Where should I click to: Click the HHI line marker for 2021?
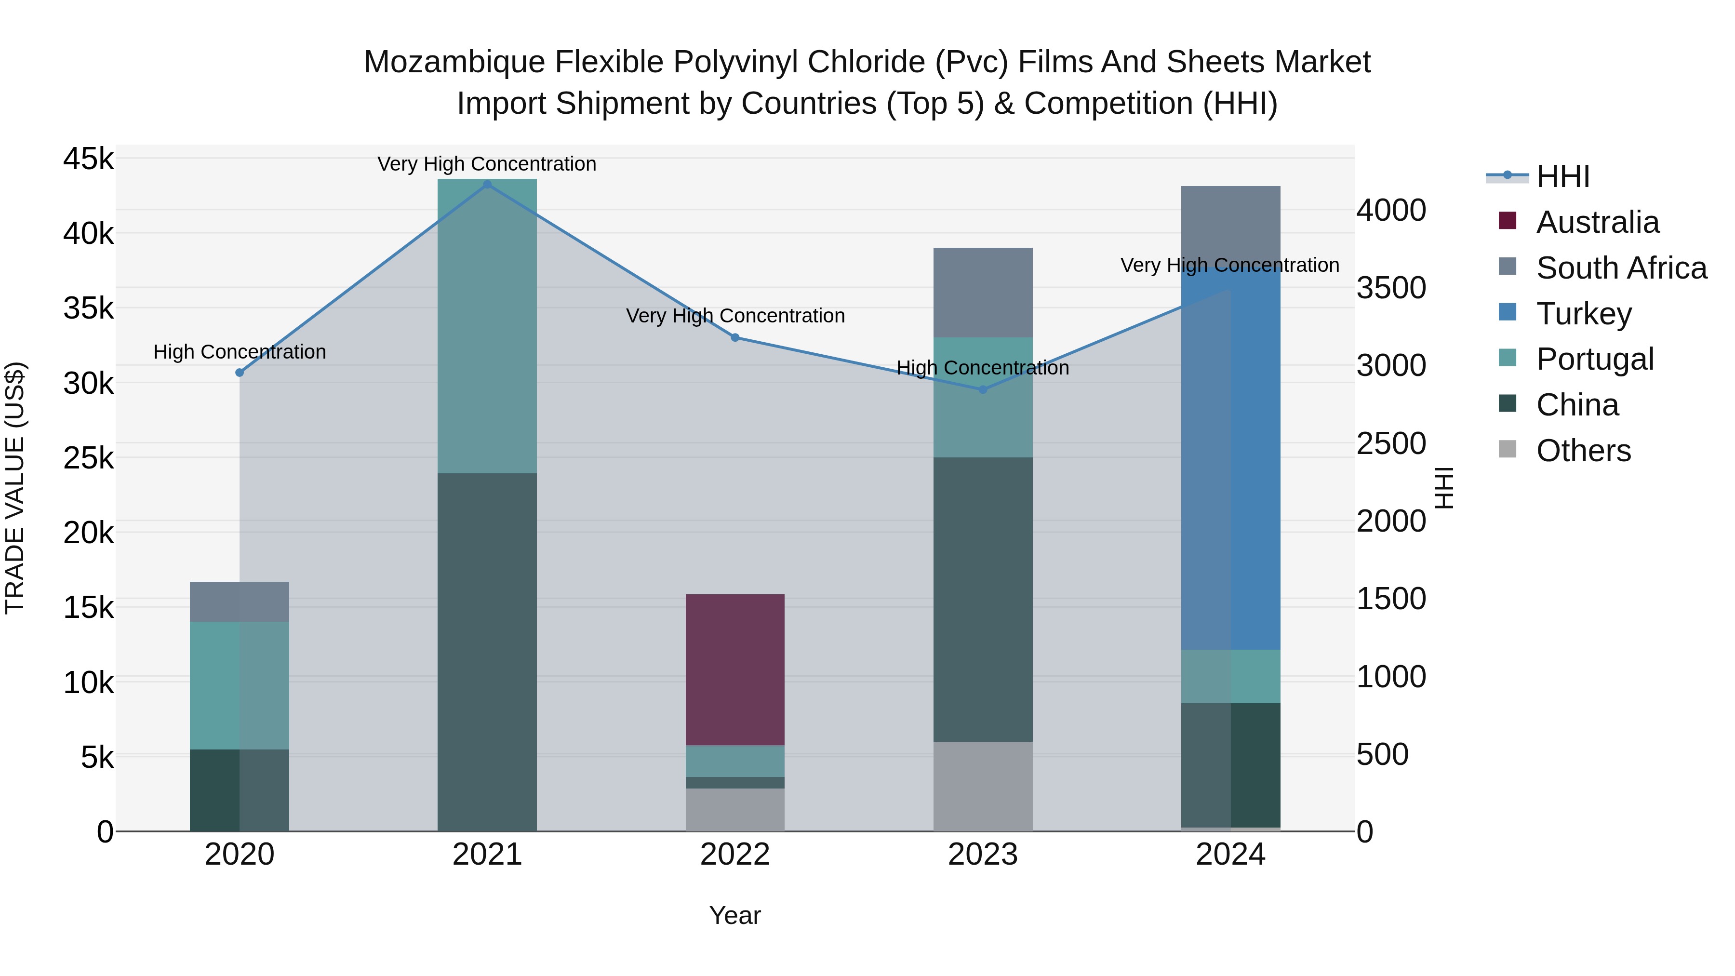487,185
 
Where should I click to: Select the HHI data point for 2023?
983,389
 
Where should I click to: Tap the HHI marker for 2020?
240,373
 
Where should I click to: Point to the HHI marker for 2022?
735,337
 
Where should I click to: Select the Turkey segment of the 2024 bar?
1230,458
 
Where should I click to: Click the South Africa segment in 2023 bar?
983,293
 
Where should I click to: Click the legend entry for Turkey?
1584,313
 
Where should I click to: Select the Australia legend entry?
1597,222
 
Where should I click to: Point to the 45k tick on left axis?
88,160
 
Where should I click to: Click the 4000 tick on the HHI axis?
1391,210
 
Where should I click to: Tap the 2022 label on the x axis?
735,855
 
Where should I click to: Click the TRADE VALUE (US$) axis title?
15,488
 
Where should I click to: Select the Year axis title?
735,915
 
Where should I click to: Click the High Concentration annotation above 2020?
240,352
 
